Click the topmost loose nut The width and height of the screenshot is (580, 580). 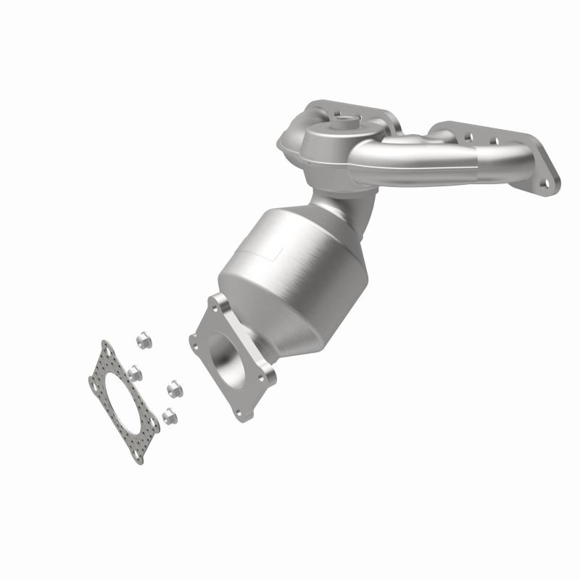tap(143, 339)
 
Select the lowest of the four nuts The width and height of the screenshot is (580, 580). tap(169, 415)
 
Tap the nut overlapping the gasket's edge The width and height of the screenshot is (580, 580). tap(135, 373)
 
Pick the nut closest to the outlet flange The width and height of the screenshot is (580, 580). tap(174, 390)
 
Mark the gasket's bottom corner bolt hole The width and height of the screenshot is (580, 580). tap(136, 454)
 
